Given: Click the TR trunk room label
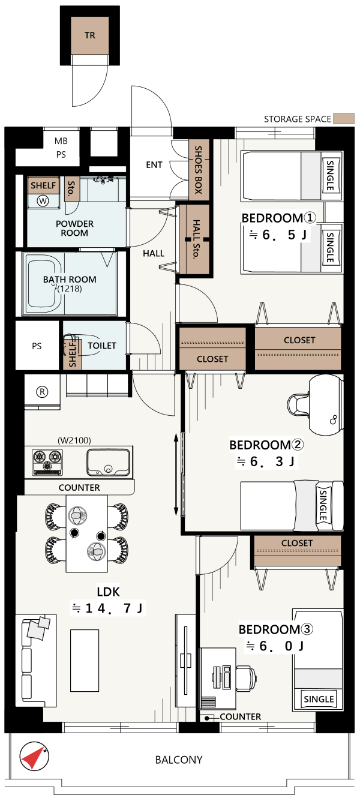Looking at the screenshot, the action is click(x=90, y=35).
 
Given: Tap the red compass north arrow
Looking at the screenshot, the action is click(x=33, y=758).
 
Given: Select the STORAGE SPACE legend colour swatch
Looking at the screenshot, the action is click(x=344, y=119).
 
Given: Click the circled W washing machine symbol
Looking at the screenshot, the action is click(x=43, y=201).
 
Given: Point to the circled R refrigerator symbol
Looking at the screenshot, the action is click(x=42, y=392).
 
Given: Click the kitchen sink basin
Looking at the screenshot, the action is click(x=109, y=462).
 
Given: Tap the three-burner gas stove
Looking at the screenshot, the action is click(x=47, y=462).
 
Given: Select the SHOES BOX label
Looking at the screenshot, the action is click(x=198, y=170).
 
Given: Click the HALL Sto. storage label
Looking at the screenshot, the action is click(x=196, y=239).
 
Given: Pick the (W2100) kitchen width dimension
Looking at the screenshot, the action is click(x=74, y=440).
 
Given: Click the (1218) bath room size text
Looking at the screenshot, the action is click(x=70, y=289).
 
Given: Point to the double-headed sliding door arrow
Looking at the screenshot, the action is click(x=176, y=475).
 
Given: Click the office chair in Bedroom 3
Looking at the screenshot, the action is click(x=247, y=676).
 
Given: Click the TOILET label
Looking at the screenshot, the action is click(x=102, y=346).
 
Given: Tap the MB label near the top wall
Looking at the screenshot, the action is click(x=61, y=141).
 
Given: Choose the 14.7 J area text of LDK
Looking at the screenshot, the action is click(x=107, y=608).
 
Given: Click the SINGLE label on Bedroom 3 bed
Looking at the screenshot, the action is click(x=319, y=699).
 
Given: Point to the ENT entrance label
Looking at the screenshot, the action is click(x=154, y=165).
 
